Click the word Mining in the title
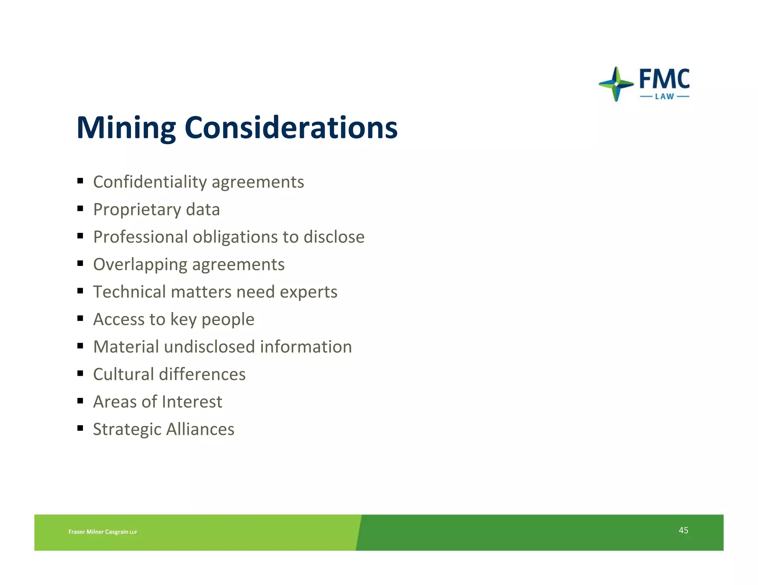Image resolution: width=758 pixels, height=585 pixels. [x=126, y=128]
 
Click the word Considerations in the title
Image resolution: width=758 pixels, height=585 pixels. [x=291, y=128]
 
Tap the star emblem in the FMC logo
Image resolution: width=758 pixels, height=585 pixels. [x=616, y=84]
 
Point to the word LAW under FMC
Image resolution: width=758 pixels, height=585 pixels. [x=664, y=97]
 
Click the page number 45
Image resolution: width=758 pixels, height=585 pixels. [x=683, y=530]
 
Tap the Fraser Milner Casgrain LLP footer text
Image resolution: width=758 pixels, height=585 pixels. [x=103, y=532]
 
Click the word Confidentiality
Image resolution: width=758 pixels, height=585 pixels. [x=150, y=182]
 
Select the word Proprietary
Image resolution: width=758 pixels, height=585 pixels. [x=137, y=210]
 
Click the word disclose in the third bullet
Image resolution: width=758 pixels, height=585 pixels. [x=334, y=237]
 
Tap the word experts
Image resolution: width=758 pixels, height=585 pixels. [x=308, y=292]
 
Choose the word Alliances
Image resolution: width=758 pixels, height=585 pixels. [x=200, y=429]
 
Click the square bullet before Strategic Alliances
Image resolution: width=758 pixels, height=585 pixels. [x=80, y=428]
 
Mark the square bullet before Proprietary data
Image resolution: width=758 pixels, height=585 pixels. [x=80, y=209]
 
